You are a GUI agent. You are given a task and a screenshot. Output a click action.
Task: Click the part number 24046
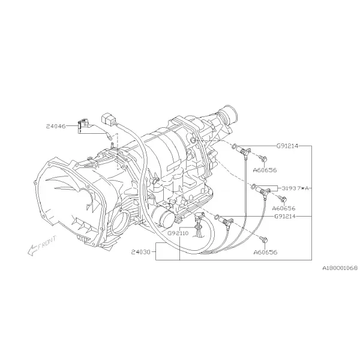pyautogui.click(x=56, y=126)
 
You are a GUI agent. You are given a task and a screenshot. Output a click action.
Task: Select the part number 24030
pyautogui.click(x=141, y=252)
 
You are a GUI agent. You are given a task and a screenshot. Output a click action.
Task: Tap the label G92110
pyautogui.click(x=178, y=233)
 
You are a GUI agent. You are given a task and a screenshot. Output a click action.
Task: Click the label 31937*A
pyautogui.click(x=295, y=188)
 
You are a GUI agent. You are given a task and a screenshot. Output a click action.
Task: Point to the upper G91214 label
pyautogui.click(x=287, y=146)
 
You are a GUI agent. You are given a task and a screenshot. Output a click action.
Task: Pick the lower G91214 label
pyautogui.click(x=285, y=216)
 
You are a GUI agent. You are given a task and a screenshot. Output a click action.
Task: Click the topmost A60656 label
pyautogui.click(x=265, y=170)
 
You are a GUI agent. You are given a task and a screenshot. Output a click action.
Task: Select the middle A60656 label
pyautogui.click(x=284, y=208)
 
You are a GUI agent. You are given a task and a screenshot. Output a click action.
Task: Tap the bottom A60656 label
pyautogui.click(x=265, y=252)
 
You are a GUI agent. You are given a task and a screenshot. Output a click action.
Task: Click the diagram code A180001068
pyautogui.click(x=340, y=268)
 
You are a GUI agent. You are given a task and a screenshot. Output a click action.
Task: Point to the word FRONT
pyautogui.click(x=47, y=243)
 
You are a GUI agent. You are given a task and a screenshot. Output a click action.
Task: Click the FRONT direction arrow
pyautogui.click(x=32, y=250)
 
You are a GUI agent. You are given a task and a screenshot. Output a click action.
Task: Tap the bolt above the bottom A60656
pyautogui.click(x=263, y=239)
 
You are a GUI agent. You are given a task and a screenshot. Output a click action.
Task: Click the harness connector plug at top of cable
pyautogui.click(x=107, y=119)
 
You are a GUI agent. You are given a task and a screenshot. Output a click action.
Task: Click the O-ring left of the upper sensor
pyautogui.click(x=235, y=146)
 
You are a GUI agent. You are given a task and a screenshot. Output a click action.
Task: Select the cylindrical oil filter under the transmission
pyautogui.click(x=163, y=215)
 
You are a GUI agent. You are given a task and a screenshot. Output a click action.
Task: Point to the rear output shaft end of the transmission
pyautogui.click(x=229, y=114)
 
